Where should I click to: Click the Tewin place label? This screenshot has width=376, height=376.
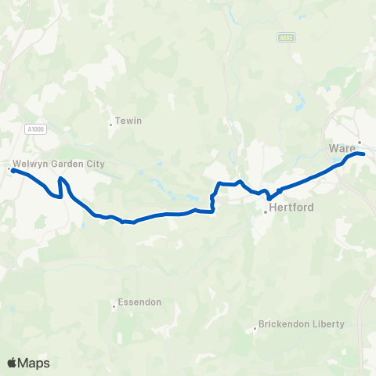click(x=128, y=121)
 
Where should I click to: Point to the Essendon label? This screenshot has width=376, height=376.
click(x=139, y=302)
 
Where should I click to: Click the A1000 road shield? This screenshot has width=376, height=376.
click(x=34, y=130)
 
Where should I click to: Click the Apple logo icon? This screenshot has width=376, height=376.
click(x=13, y=363)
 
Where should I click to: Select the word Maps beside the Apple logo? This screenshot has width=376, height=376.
click(x=35, y=363)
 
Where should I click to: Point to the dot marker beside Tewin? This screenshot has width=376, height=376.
click(x=111, y=124)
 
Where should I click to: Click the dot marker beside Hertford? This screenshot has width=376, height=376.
click(x=266, y=210)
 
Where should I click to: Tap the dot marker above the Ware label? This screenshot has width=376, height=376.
click(x=359, y=143)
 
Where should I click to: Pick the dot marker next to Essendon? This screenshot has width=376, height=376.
click(x=114, y=305)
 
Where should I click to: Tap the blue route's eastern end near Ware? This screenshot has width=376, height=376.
click(x=364, y=154)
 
